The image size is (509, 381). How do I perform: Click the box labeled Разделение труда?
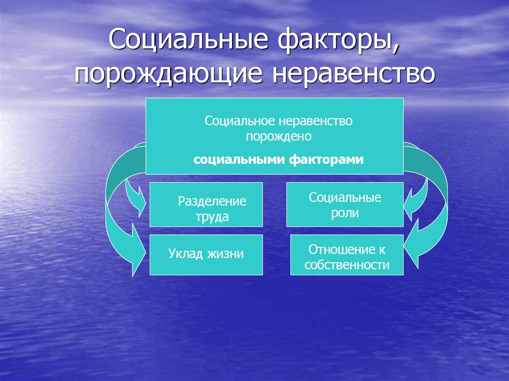(x=206, y=205)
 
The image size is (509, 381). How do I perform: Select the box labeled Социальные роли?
(x=345, y=205)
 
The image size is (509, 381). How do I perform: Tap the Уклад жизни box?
(x=206, y=255)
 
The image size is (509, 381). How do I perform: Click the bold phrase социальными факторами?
(x=278, y=160)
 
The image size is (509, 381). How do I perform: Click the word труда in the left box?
(x=212, y=217)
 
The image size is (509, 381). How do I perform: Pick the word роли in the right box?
(x=345, y=214)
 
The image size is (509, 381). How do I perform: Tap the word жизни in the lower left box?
(x=226, y=254)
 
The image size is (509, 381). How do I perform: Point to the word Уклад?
(x=185, y=254)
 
